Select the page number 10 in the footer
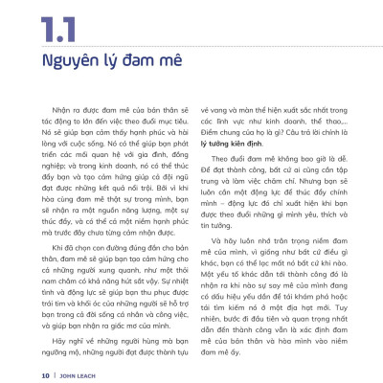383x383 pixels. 45,373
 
